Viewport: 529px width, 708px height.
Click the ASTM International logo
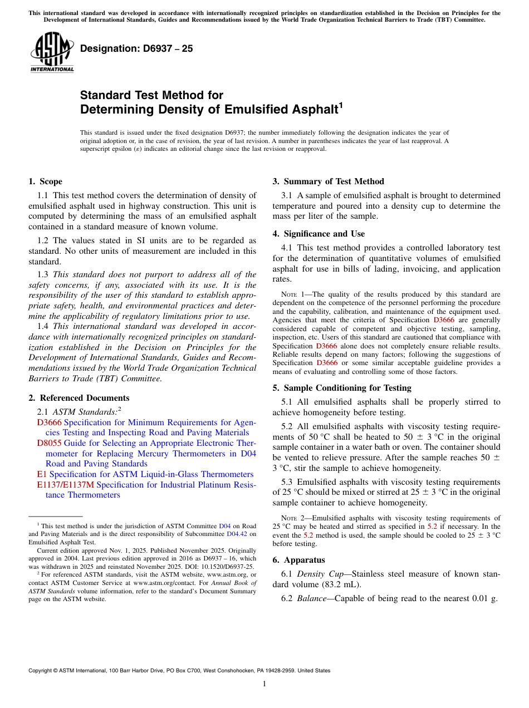[52, 52]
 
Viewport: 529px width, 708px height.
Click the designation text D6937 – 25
[136, 48]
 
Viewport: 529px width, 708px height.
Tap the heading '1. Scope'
[46, 181]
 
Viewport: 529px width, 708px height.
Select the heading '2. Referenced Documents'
[79, 398]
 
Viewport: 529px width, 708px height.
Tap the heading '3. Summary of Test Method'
[328, 181]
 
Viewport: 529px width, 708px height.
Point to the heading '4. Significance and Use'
[319, 234]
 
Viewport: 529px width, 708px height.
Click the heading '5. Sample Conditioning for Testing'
[342, 388]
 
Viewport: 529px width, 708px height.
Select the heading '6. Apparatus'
[298, 560]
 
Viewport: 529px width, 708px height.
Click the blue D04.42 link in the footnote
[236, 534]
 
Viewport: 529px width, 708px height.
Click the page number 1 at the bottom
[264, 684]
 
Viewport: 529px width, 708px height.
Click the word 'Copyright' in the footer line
[41, 671]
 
